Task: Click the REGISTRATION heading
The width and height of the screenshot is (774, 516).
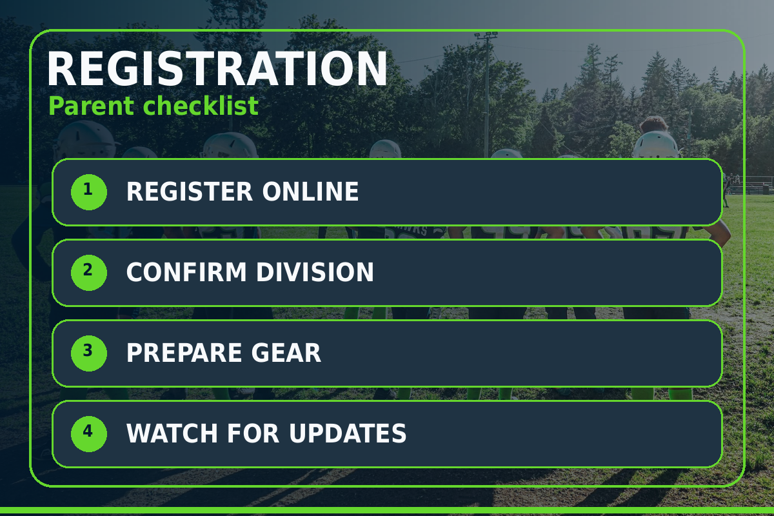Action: [217, 68]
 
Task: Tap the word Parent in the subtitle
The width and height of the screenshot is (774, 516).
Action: [91, 106]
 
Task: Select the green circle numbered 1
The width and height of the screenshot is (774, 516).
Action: [89, 192]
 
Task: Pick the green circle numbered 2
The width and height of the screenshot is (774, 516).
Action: [89, 273]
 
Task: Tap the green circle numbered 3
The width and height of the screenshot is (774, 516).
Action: [89, 353]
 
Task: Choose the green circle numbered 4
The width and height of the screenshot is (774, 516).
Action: [89, 433]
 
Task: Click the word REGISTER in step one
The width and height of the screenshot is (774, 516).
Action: [190, 192]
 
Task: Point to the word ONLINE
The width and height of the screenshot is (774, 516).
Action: [310, 192]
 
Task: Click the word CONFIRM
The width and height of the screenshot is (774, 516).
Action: [186, 272]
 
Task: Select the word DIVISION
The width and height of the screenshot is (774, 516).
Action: [315, 272]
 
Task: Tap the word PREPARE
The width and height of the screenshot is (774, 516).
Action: [184, 353]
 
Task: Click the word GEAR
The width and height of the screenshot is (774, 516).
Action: [286, 353]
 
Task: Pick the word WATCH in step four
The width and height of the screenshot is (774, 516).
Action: [172, 433]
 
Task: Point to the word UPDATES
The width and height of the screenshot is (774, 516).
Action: [348, 433]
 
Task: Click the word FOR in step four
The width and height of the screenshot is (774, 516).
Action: [253, 433]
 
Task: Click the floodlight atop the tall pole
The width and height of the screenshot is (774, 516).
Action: [486, 35]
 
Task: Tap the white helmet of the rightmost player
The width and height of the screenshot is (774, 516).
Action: [655, 145]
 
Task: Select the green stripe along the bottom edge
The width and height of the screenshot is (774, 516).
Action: [387, 510]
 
